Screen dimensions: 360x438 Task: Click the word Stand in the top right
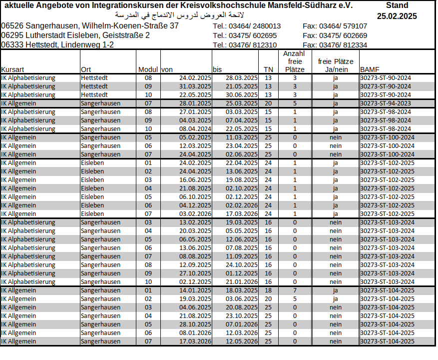(397, 5)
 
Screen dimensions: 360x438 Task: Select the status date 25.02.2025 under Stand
(397, 16)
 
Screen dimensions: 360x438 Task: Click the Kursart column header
(13, 69)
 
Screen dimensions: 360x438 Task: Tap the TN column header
(268, 69)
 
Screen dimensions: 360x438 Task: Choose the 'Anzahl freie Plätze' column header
(294, 61)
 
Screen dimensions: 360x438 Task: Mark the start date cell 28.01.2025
(195, 103)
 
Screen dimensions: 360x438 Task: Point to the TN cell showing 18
(268, 290)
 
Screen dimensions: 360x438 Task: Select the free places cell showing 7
(295, 290)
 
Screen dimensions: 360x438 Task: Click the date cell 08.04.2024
(195, 129)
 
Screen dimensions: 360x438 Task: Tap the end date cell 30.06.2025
(242, 95)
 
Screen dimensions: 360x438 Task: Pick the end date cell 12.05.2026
(242, 341)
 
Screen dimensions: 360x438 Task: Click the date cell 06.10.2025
(195, 197)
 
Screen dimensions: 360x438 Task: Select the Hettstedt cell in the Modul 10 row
(94, 95)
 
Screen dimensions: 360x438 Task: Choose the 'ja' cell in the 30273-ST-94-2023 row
(335, 103)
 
